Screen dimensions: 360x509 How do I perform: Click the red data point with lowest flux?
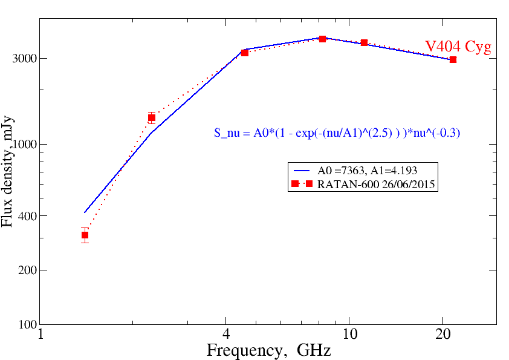[x=85, y=235]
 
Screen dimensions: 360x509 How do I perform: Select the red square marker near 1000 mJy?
[x=152, y=118]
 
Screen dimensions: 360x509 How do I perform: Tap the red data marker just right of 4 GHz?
[x=245, y=53]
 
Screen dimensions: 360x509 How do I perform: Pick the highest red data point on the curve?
[x=323, y=39]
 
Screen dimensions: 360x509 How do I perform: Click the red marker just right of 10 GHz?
[x=365, y=43]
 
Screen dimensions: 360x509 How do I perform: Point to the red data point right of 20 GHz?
[x=453, y=59]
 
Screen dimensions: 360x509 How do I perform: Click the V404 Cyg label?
[x=458, y=47]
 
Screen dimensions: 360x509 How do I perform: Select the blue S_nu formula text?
[x=337, y=133]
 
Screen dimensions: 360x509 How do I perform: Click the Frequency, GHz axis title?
[x=268, y=350]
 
